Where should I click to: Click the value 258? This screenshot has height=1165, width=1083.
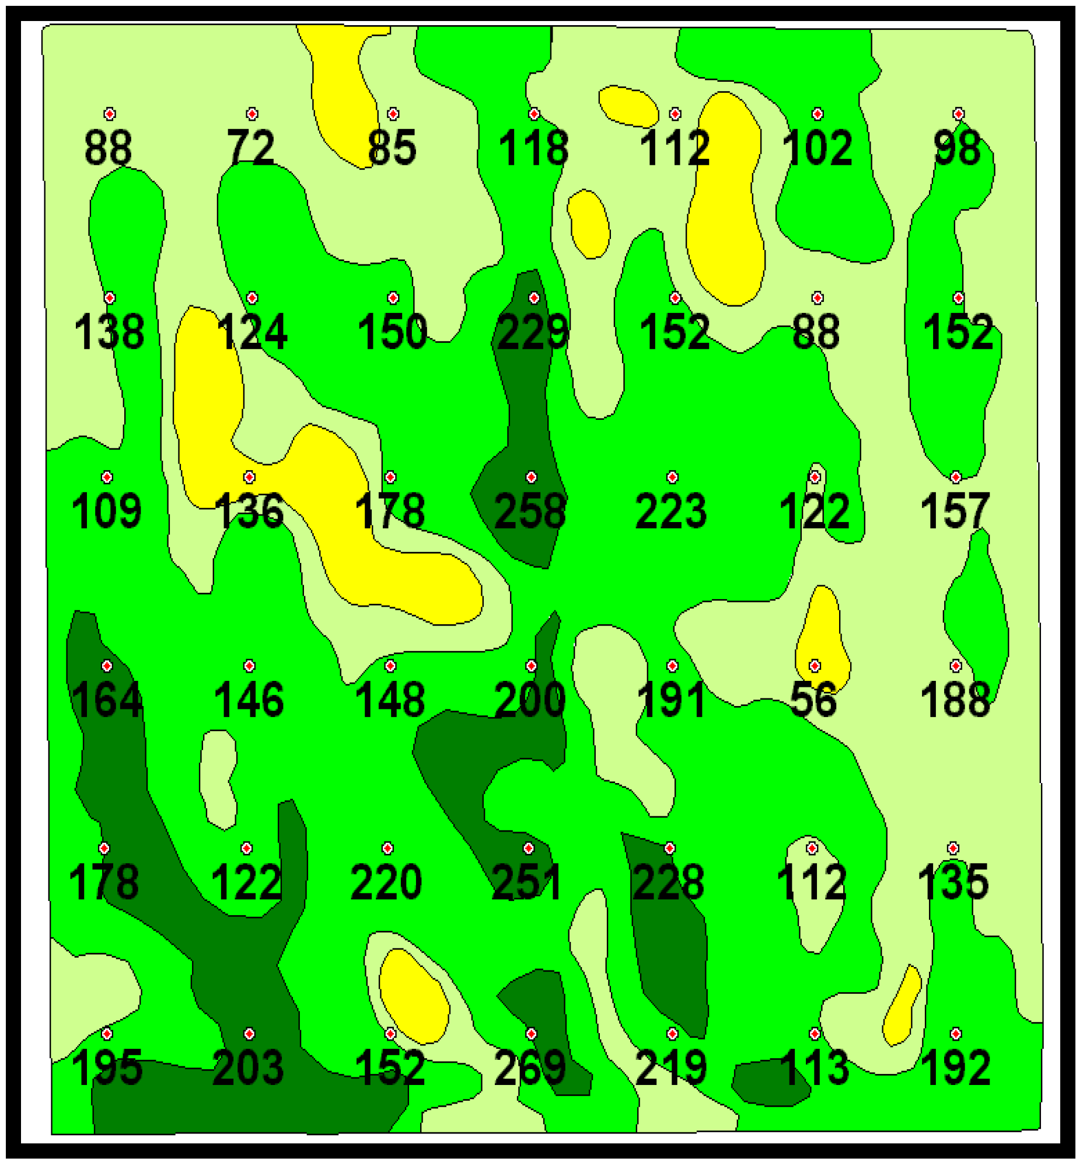point(530,511)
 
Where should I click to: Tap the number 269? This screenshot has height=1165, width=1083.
point(530,1067)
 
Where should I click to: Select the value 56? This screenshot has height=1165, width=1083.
point(813,700)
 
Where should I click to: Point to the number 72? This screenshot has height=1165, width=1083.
point(251,147)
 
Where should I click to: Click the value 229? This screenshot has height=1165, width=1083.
point(532,332)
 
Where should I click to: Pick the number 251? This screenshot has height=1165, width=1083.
point(526,882)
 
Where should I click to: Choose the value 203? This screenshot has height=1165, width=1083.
point(249,1067)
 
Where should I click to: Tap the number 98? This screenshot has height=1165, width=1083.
point(958,147)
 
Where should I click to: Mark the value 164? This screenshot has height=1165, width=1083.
point(107,700)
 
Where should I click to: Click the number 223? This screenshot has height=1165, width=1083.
point(671,511)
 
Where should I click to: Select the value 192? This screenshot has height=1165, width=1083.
point(955,1067)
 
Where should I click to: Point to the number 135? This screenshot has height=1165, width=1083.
point(953,882)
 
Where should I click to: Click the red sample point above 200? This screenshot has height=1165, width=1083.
point(531,666)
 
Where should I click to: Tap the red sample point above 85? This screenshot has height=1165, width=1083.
point(393,114)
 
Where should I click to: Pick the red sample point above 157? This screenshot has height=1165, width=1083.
point(956,477)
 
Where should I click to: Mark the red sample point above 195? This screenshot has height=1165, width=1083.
point(107,1033)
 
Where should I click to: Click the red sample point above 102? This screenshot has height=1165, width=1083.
point(818,114)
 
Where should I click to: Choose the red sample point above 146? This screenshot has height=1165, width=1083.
point(250,666)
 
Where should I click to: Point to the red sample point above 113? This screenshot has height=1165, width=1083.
point(815,1033)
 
